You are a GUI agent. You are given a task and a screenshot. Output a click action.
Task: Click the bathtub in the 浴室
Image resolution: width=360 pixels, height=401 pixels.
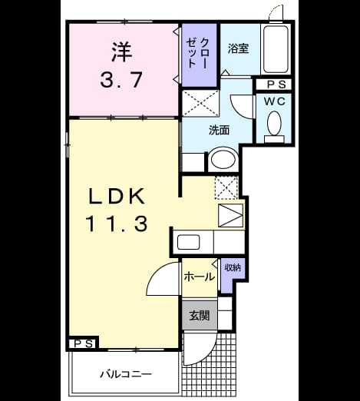(276, 49)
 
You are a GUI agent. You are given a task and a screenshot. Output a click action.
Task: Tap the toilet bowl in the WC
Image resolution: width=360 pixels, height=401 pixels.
(274, 124)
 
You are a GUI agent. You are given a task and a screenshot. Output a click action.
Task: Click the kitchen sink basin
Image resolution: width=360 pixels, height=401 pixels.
(189, 242)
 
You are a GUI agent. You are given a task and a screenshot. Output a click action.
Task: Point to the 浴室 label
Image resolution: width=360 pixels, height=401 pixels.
(238, 48)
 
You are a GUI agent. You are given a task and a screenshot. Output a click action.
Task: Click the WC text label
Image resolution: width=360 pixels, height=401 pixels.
(275, 101)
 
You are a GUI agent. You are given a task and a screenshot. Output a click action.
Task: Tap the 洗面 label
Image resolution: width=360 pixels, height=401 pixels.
(219, 130)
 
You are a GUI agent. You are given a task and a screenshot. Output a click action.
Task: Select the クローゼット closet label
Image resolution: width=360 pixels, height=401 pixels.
(198, 53)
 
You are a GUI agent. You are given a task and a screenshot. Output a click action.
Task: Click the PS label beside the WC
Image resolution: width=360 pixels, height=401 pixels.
(276, 85)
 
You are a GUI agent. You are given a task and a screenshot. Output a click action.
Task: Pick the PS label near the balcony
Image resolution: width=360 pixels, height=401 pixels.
(84, 343)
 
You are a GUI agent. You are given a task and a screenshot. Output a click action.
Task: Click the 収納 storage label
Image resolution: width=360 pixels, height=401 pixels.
(233, 267)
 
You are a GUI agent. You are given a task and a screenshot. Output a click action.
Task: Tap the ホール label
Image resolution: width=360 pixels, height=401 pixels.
(200, 277)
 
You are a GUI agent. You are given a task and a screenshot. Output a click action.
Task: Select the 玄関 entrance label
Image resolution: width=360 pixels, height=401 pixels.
(200, 316)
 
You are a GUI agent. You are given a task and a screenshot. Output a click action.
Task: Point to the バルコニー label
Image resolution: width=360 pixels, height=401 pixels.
(126, 375)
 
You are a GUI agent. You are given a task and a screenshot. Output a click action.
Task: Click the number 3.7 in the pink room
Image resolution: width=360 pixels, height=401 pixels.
(121, 79)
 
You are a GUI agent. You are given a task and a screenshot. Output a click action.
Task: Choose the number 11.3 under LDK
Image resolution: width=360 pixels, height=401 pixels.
(117, 224)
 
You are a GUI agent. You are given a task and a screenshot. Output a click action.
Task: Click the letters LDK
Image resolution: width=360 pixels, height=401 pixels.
(117, 196)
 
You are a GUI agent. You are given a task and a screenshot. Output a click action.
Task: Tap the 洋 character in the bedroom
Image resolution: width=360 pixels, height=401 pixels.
(122, 51)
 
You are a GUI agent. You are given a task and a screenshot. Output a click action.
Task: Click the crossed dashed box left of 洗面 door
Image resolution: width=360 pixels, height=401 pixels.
(200, 103)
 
